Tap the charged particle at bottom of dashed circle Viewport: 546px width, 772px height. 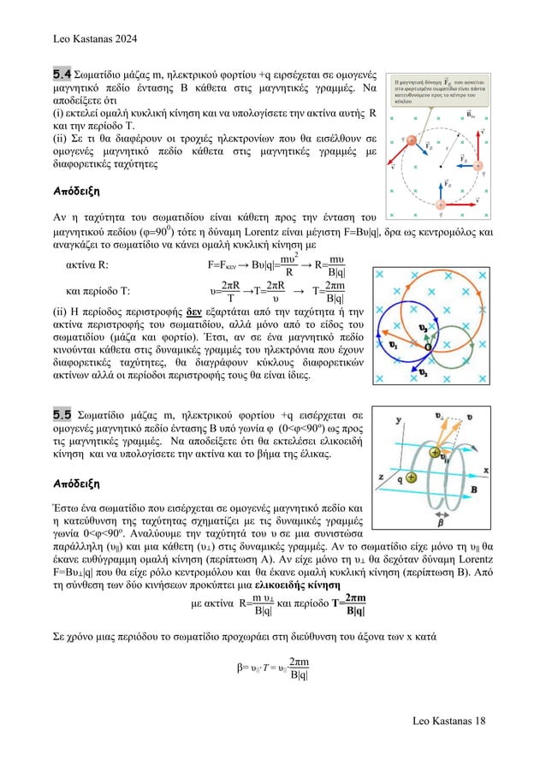(x=440, y=204)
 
